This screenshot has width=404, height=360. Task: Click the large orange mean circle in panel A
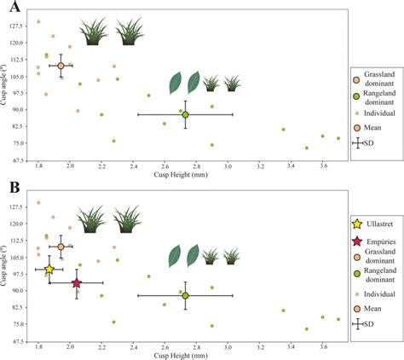click(61, 66)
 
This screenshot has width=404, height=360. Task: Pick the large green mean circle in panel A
click(185, 115)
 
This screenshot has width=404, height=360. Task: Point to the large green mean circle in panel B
click(185, 295)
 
